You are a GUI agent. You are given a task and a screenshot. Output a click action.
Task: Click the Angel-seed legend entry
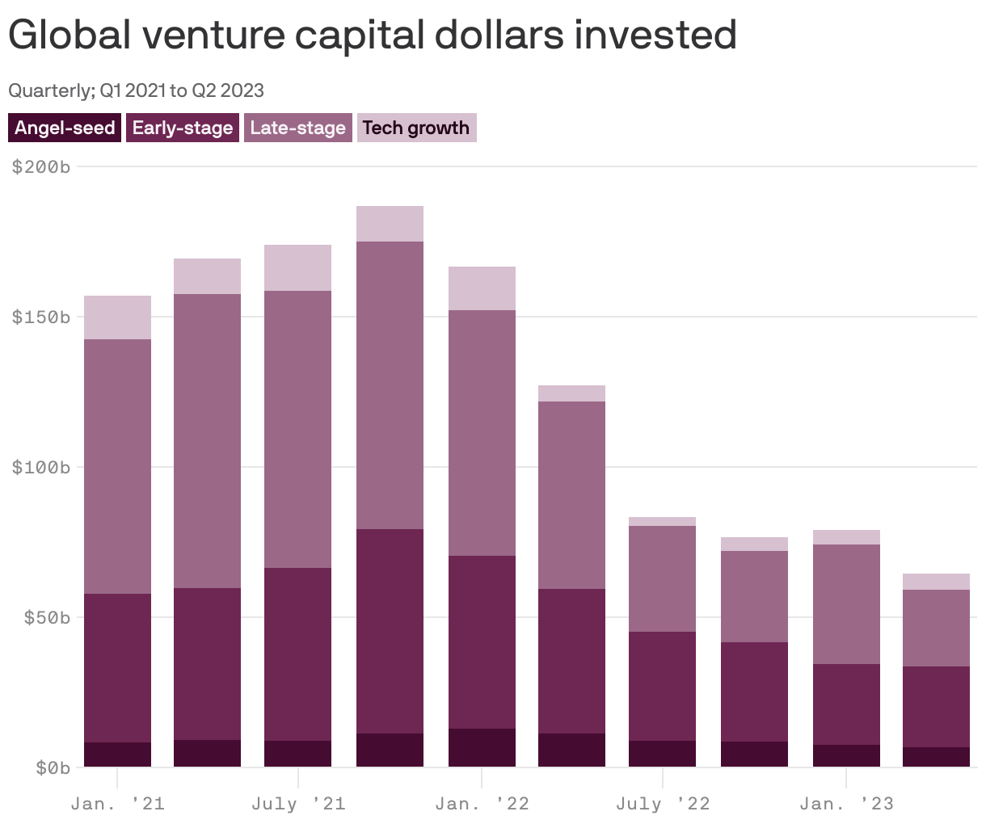pos(65,128)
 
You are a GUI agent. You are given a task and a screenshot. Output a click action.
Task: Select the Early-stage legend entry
pos(183,128)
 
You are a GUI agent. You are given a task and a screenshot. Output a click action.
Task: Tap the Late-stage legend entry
pos(297,128)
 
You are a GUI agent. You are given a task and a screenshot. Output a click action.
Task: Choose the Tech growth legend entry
pos(416,128)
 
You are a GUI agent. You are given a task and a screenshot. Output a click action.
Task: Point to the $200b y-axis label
pos(41,167)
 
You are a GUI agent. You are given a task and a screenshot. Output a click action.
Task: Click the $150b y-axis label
pos(41,317)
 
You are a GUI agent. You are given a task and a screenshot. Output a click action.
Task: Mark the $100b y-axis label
pos(41,467)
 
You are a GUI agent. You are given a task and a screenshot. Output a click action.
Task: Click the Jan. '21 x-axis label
pos(117,804)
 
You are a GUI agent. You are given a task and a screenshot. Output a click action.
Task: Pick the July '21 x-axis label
pos(298,804)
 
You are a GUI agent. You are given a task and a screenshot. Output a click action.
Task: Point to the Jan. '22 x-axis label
pos(482,804)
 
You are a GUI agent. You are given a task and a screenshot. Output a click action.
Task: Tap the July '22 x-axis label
pos(663,804)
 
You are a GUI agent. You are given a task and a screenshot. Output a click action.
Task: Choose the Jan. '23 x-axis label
pos(846,804)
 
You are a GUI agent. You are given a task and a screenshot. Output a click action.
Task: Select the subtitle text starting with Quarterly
pos(136,90)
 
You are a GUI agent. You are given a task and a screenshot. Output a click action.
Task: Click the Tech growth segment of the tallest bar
pos(390,224)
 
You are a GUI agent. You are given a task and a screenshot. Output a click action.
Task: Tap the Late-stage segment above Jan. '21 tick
pos(117,466)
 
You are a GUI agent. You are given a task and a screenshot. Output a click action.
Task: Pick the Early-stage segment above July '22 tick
pos(662,686)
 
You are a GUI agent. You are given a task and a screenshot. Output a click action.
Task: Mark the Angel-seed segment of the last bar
pos(936,757)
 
